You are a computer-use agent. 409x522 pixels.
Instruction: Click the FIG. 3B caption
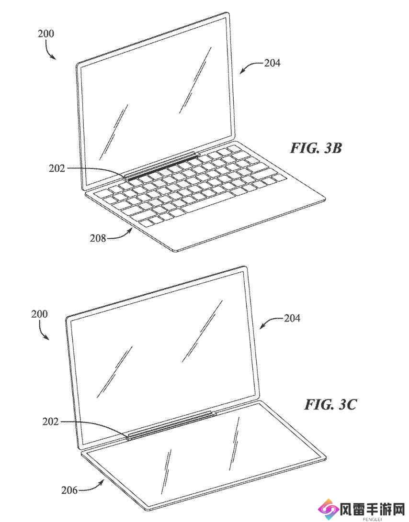pyautogui.click(x=316, y=147)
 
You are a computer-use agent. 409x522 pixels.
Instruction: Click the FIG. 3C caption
pyautogui.click(x=330, y=404)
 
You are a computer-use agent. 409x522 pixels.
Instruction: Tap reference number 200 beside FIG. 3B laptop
pyautogui.click(x=45, y=33)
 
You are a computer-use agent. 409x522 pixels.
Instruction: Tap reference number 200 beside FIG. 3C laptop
pyautogui.click(x=39, y=314)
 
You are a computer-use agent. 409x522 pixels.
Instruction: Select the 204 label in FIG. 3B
pyautogui.click(x=273, y=63)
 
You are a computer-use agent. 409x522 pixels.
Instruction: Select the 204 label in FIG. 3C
pyautogui.click(x=292, y=318)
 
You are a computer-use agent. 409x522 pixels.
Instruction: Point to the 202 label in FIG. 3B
pyautogui.click(x=57, y=168)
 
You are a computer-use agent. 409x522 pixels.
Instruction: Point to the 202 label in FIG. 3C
pyautogui.click(x=50, y=422)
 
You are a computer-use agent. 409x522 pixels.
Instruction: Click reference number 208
pyautogui.click(x=98, y=238)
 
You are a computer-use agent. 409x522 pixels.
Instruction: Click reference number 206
pyautogui.click(x=69, y=490)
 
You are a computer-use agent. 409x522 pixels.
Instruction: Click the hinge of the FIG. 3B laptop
pyautogui.click(x=162, y=166)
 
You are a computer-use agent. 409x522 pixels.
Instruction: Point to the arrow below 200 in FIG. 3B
pyautogui.click(x=51, y=52)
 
